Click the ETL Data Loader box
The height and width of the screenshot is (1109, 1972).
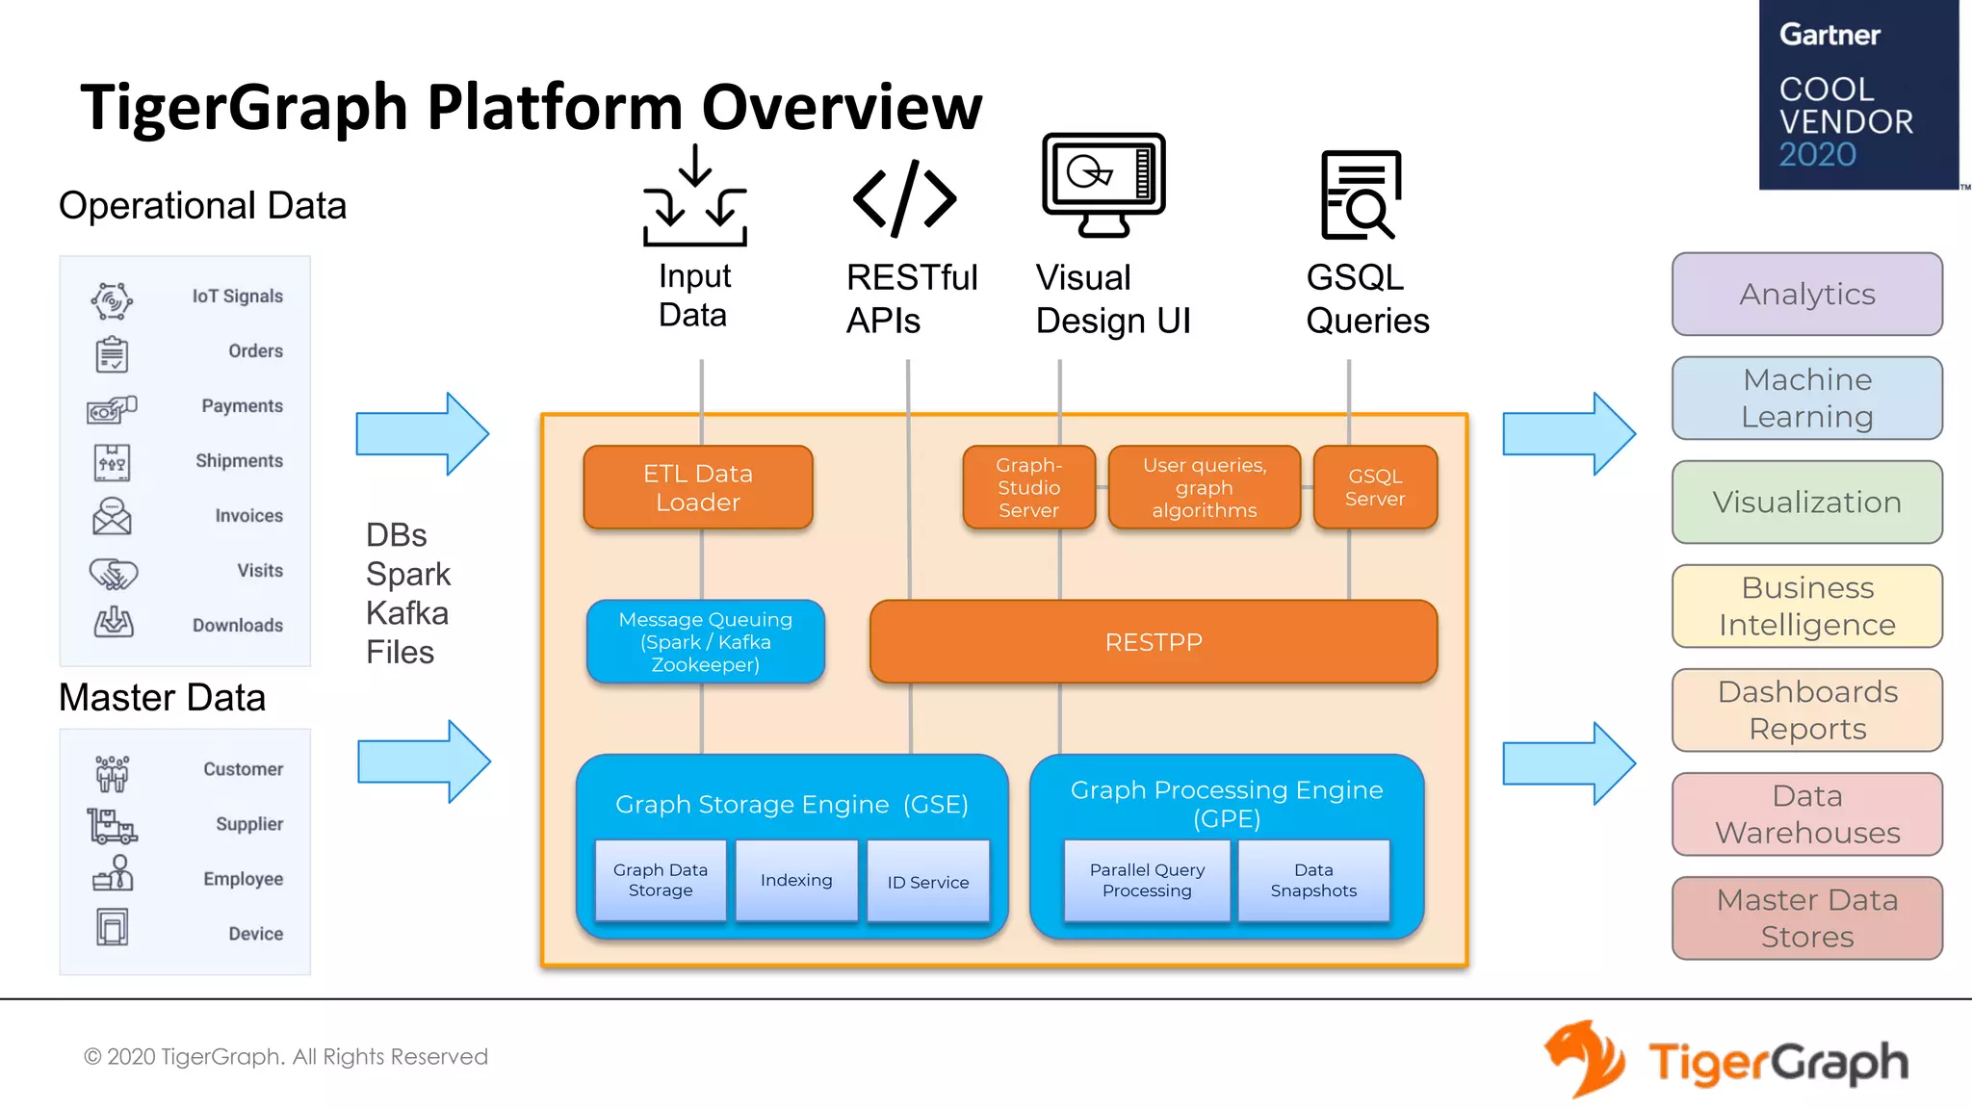(698, 487)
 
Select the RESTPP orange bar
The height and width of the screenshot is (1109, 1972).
(1153, 642)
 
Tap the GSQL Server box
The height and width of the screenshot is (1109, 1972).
(1375, 487)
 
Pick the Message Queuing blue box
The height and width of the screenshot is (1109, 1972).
(705, 642)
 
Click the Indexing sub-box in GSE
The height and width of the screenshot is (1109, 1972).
(795, 880)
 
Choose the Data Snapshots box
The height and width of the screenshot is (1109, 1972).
(1313, 880)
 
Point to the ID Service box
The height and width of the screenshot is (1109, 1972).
(927, 881)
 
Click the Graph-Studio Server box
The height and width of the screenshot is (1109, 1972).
(1028, 487)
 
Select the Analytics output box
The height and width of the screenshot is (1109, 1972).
(1806, 294)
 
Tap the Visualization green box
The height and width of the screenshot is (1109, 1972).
(1806, 502)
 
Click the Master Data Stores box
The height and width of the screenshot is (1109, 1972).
(1806, 917)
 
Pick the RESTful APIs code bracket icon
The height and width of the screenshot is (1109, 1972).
(904, 198)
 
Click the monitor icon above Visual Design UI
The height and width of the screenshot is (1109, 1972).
(1103, 184)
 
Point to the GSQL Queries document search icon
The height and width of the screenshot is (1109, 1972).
(1360, 194)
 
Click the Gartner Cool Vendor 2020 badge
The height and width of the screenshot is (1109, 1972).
(1857, 94)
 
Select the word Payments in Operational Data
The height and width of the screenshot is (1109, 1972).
(242, 406)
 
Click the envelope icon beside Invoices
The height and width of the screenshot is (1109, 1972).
(112, 516)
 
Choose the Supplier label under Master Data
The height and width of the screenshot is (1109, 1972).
(248, 824)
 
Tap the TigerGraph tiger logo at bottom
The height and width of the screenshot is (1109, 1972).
(1583, 1059)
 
